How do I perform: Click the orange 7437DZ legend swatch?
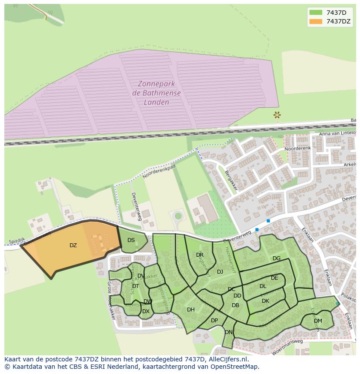point(316,21)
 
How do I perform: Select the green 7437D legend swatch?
point(316,12)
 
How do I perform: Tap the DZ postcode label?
point(73,245)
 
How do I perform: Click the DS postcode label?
point(131,240)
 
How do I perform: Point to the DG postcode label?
point(277,258)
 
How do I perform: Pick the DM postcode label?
point(318,321)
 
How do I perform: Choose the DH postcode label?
point(190,310)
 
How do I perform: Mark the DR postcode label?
point(200,255)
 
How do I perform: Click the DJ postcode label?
point(220,272)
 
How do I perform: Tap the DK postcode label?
point(265,301)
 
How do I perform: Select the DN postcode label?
point(229,332)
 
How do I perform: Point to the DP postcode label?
point(214,321)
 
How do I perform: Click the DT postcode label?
point(135,286)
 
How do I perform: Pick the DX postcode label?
point(146,311)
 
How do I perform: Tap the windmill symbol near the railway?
point(277,115)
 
